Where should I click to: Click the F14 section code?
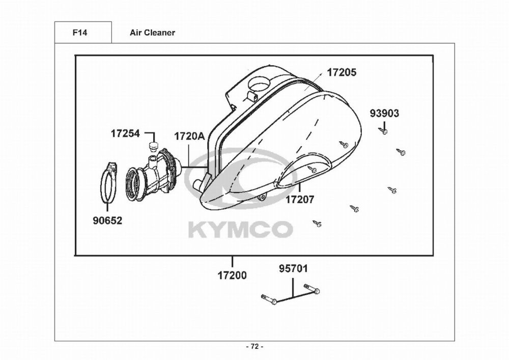[80, 33]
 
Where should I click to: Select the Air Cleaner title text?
[152, 33]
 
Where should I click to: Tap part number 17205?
[341, 72]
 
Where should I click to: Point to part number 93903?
[384, 113]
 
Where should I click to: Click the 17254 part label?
[125, 133]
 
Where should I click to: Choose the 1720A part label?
[189, 136]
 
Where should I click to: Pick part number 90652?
[107, 221]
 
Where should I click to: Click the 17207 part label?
[300, 200]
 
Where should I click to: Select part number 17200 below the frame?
[232, 275]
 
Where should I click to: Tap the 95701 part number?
[294, 269]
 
